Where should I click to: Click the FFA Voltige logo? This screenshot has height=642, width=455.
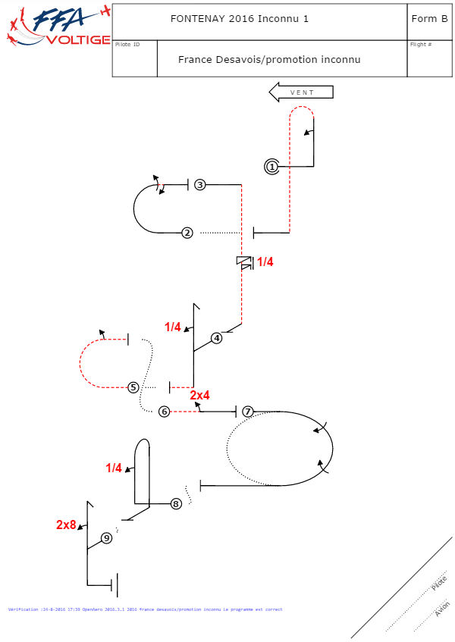(57, 27)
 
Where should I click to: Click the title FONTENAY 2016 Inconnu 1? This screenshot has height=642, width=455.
(240, 19)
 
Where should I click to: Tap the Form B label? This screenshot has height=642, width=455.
(429, 19)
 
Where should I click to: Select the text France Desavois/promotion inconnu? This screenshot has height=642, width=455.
(269, 59)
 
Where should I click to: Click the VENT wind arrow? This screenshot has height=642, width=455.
(301, 92)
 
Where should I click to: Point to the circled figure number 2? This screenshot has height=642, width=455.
(187, 233)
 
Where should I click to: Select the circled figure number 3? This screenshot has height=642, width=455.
(199, 184)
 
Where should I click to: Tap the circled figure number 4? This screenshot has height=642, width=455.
(217, 338)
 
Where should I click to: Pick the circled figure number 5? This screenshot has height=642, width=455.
(133, 387)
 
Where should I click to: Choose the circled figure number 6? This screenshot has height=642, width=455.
(164, 412)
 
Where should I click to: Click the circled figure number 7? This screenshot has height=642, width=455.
(247, 412)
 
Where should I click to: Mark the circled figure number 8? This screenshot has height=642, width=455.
(176, 503)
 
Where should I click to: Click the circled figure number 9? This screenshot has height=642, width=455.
(106, 538)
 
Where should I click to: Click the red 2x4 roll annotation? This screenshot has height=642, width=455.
(199, 396)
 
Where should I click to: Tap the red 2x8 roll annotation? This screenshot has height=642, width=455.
(66, 525)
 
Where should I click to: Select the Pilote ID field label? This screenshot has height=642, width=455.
(127, 45)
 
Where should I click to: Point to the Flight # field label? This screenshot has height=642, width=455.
(421, 45)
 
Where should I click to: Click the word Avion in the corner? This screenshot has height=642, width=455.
(442, 608)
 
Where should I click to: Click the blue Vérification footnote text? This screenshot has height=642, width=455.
(145, 609)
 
